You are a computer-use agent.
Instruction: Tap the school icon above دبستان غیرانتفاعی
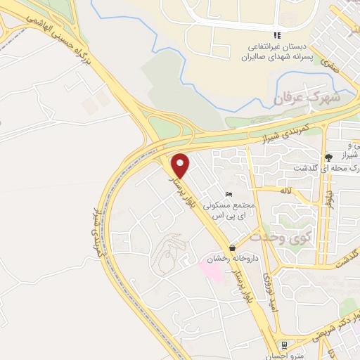pyautogui.click(x=277, y=35)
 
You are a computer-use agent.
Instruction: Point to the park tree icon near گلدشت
pyautogui.click(x=328, y=157)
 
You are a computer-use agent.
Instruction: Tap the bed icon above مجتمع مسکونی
pyautogui.click(x=227, y=194)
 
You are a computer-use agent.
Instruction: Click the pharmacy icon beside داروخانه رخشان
pyautogui.click(x=232, y=247)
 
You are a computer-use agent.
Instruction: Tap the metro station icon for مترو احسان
pyautogui.click(x=283, y=345)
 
